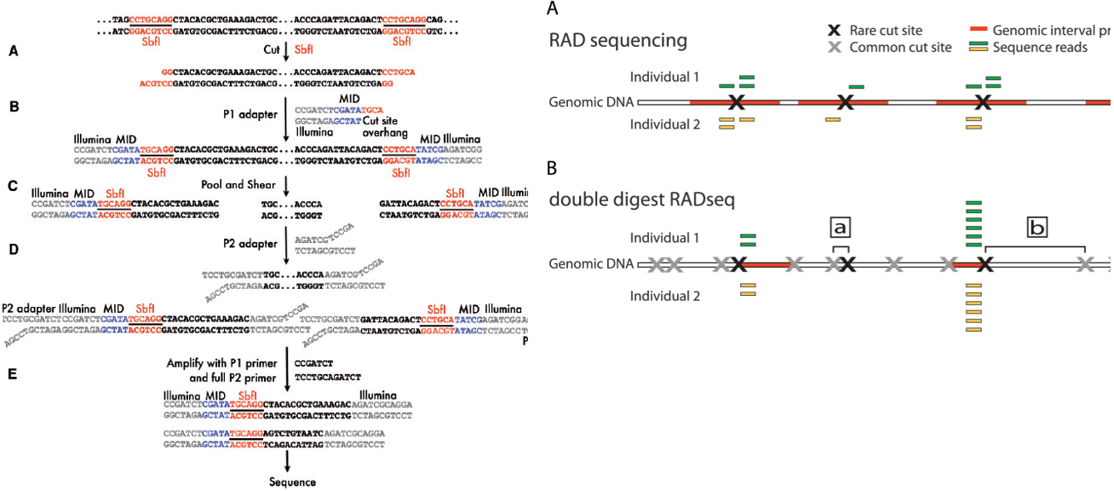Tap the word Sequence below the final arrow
[292, 482]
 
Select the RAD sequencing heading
[618, 40]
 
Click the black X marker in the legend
[835, 31]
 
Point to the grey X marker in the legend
[835, 48]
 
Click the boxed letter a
[841, 228]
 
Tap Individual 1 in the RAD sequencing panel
[664, 77]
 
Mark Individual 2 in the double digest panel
[664, 296]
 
